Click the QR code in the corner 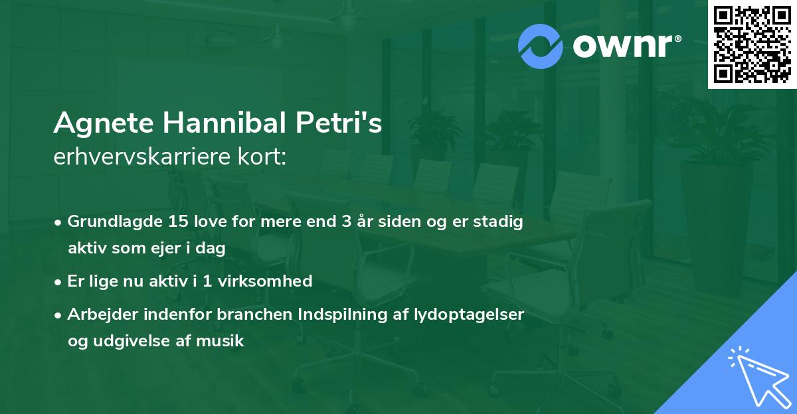pyautogui.click(x=752, y=44)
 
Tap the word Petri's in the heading pyautogui.click(x=338, y=123)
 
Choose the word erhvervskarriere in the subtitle pyautogui.click(x=139, y=158)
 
